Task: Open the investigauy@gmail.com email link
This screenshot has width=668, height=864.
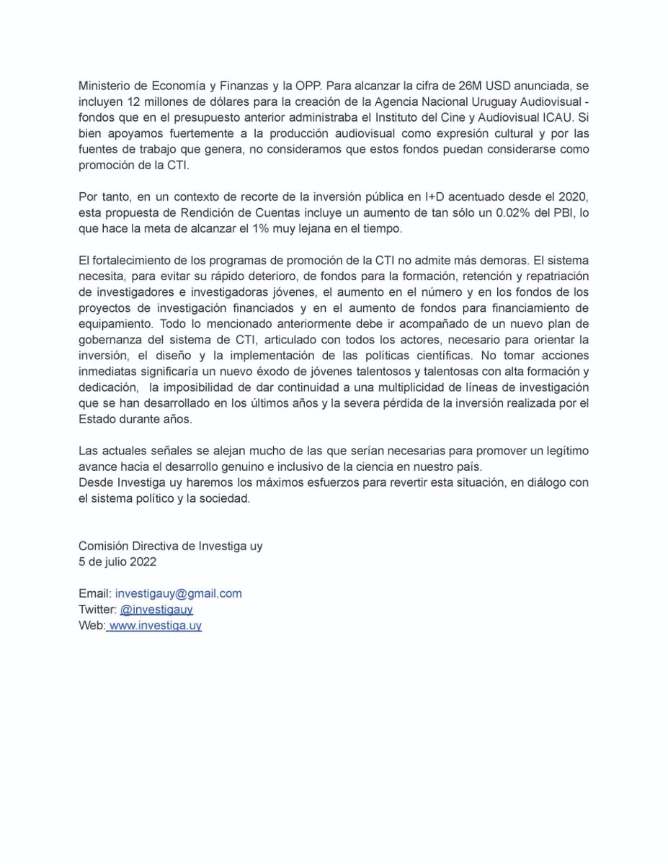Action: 178,593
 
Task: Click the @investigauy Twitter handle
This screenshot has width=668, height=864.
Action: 156,609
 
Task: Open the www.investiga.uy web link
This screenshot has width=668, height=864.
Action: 154,626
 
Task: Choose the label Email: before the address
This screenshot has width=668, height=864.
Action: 94,593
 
